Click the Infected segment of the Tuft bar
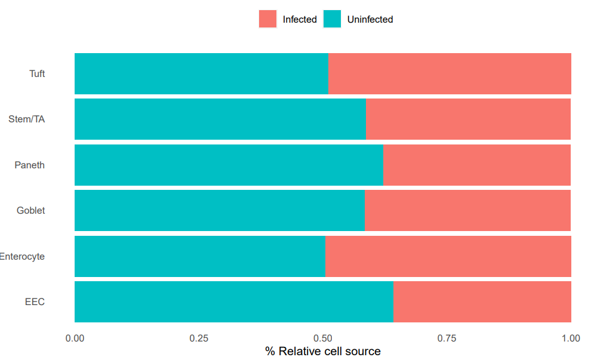(x=450, y=73)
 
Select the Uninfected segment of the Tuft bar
(x=202, y=73)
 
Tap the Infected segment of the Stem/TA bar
(x=468, y=119)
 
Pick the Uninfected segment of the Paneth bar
(x=229, y=165)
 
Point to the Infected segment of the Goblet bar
(x=468, y=210)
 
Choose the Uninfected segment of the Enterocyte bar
(x=200, y=256)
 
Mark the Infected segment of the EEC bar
(x=482, y=301)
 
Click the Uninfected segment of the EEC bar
(x=234, y=301)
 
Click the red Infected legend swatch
(x=268, y=19)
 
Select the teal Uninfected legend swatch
(x=333, y=19)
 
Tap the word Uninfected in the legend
(x=370, y=19)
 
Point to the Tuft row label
(x=37, y=73)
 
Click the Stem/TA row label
(x=26, y=119)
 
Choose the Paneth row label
(x=29, y=165)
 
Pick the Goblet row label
(x=30, y=210)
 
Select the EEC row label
(x=35, y=301)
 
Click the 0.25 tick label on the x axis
(x=199, y=338)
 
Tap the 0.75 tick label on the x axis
(x=447, y=338)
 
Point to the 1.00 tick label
(x=571, y=338)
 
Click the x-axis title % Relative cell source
(x=323, y=351)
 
